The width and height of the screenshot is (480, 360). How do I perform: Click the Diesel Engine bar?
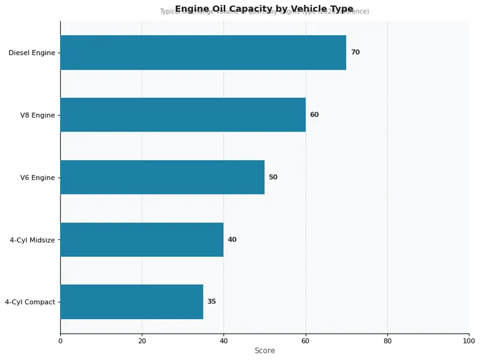[203, 52]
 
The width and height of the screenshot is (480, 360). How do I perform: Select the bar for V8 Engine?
[182, 115]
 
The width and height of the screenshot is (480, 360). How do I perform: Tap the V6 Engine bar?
[162, 177]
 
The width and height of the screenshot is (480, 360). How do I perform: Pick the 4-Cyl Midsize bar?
[142, 239]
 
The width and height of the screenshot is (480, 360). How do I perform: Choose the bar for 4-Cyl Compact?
[131, 302]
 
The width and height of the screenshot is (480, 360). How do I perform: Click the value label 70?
[355, 52]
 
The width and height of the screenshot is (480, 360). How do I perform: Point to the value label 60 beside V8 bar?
[314, 115]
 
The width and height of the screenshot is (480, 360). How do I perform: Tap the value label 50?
[273, 177]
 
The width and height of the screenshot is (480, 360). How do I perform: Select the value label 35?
[212, 302]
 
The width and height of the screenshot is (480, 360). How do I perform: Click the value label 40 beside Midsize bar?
[232, 239]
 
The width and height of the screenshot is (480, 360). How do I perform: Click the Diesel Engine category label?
[31, 53]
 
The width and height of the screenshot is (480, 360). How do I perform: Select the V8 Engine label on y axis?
[37, 115]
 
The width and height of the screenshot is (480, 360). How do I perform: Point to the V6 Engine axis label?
[37, 178]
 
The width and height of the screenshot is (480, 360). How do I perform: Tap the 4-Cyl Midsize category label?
[32, 240]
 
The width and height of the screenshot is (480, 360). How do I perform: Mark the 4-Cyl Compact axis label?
[29, 302]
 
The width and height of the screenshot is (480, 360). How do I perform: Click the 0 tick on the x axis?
[60, 341]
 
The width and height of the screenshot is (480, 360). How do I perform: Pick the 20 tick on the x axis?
[142, 341]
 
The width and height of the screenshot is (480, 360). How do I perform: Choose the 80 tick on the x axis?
[388, 341]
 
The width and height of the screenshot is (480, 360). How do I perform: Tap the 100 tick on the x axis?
[469, 341]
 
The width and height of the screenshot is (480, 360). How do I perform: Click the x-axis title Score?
[265, 351]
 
